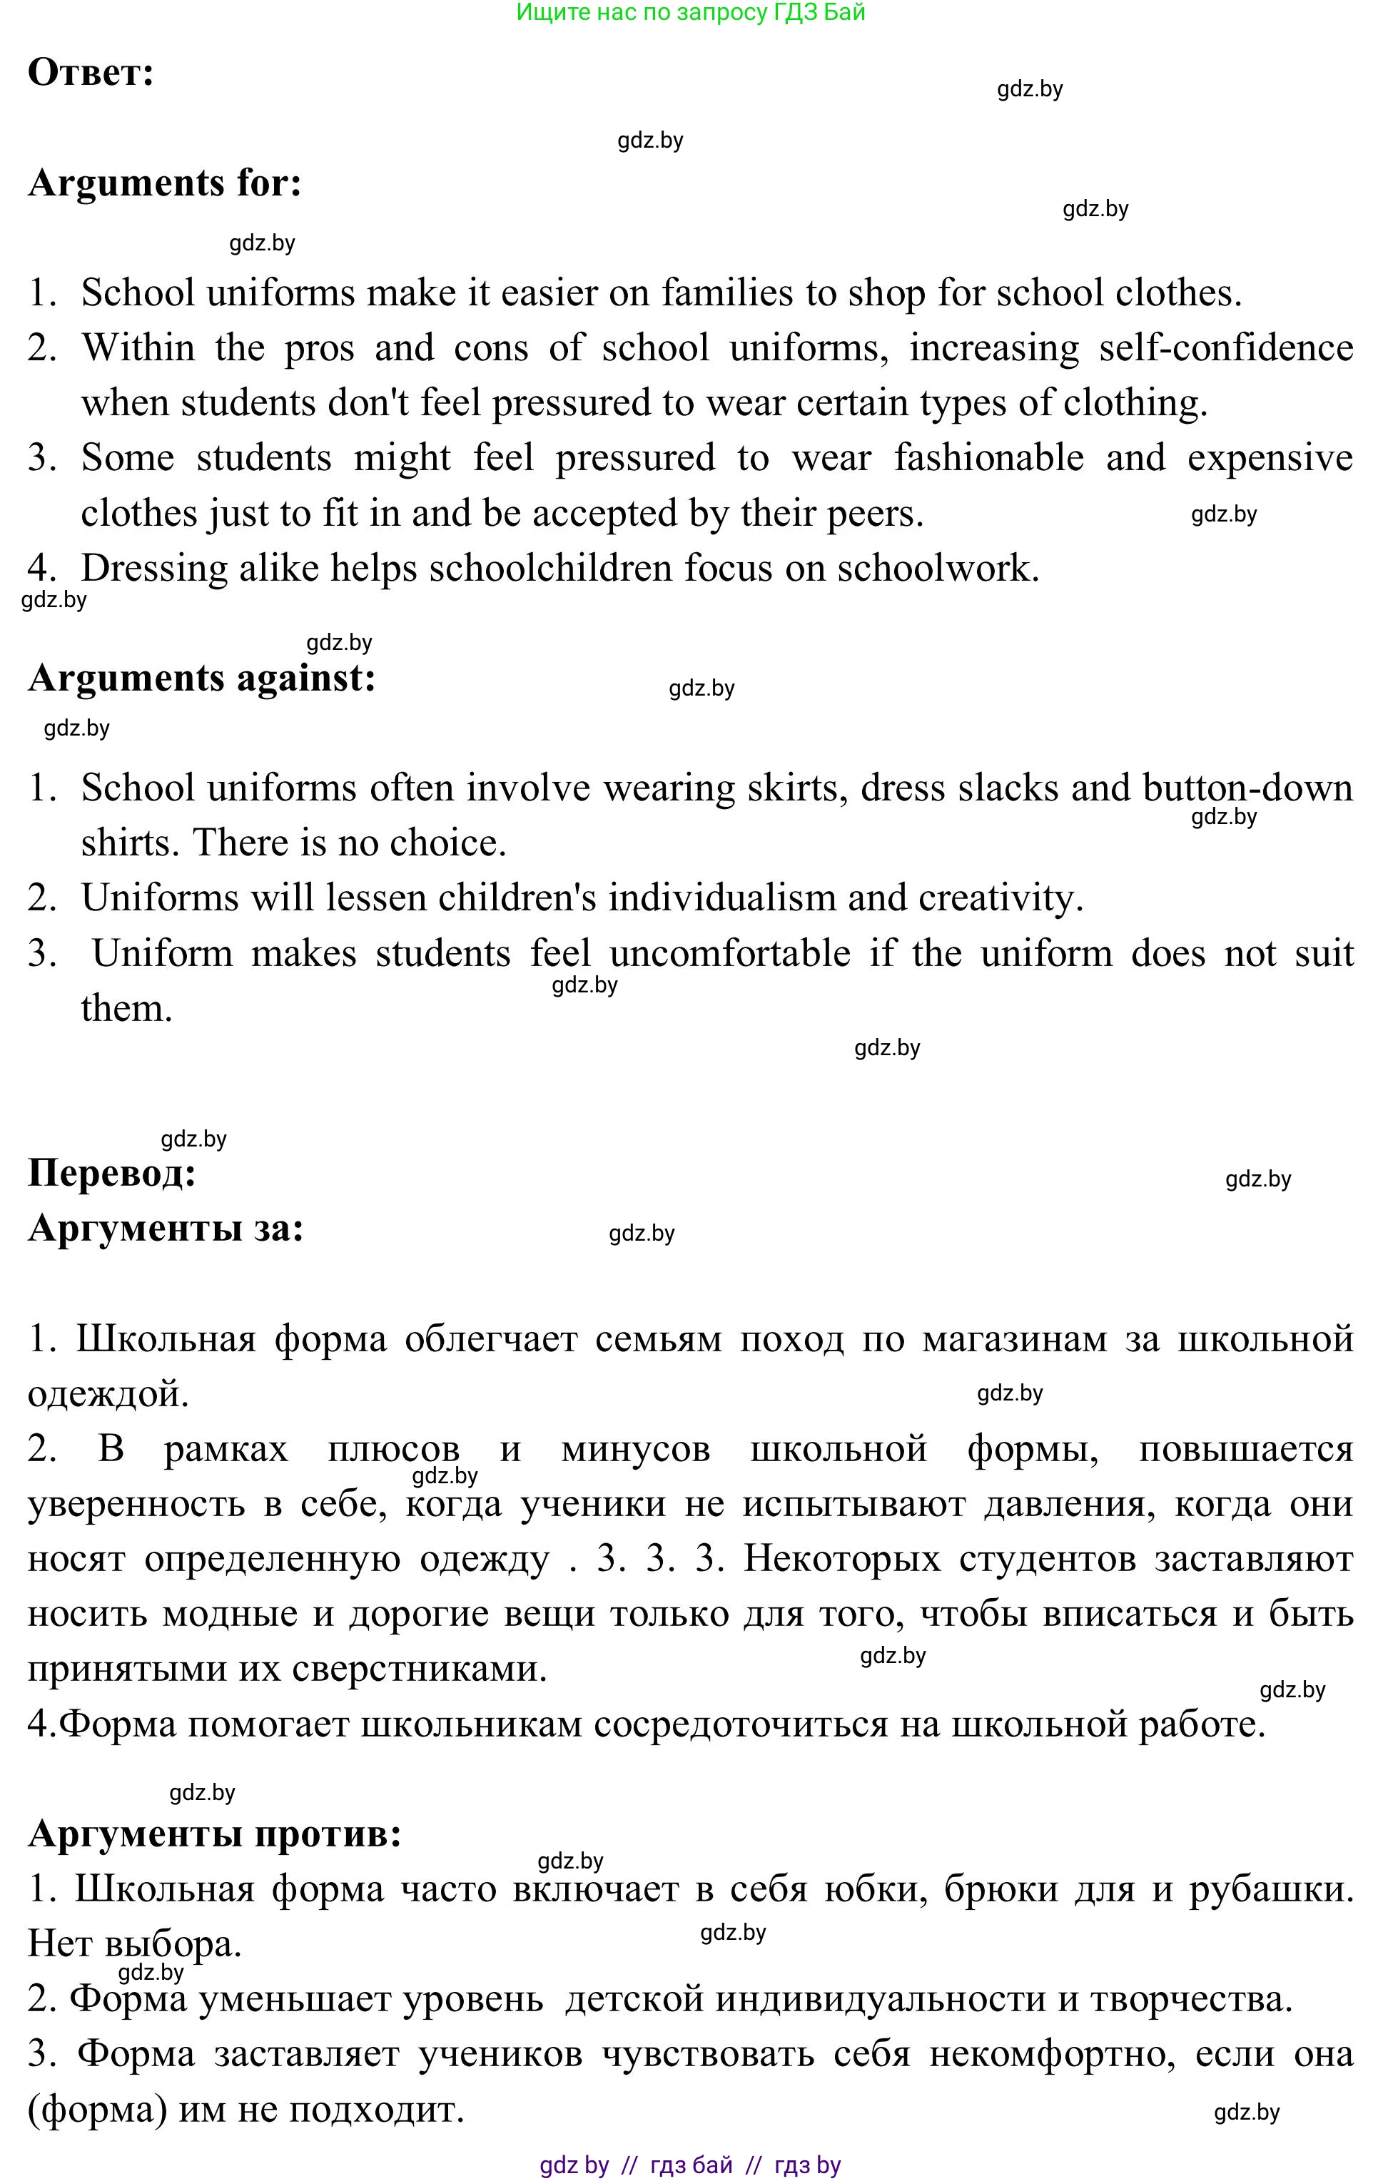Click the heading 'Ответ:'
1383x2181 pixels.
pyautogui.click(x=91, y=73)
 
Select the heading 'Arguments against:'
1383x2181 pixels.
pyautogui.click(x=202, y=678)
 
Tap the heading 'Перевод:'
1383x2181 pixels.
pyautogui.click(x=112, y=1174)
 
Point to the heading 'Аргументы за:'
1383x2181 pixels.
pyautogui.click(x=166, y=1229)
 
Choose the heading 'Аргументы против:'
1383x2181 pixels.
pyautogui.click(x=215, y=1834)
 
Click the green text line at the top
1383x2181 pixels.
pyautogui.click(x=690, y=13)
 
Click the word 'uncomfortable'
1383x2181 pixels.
pyautogui.click(x=729, y=954)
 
